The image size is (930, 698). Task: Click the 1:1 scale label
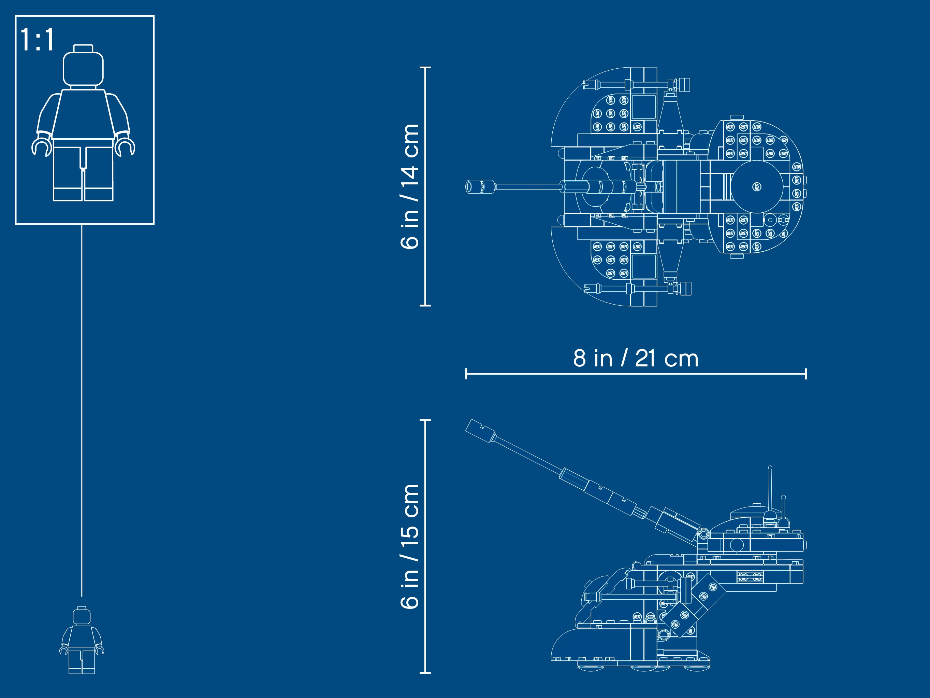point(38,40)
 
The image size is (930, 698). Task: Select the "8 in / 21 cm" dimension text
point(635,359)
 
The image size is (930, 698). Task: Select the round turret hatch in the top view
point(757,186)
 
